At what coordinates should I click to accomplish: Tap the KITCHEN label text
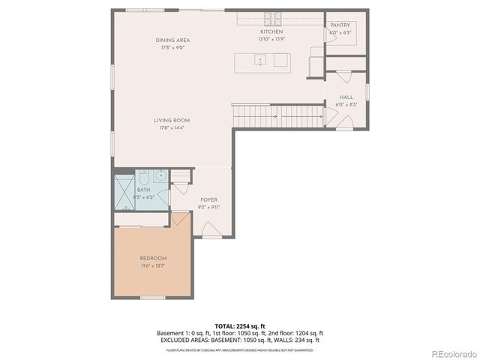coord(271,31)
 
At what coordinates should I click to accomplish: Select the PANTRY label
coord(340,25)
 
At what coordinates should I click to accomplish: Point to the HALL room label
coord(346,97)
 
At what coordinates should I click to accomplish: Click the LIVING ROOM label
coord(172,120)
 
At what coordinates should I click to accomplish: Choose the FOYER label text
coord(208,199)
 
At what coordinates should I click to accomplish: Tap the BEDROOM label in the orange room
coord(153,258)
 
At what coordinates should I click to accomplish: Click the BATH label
coord(144,190)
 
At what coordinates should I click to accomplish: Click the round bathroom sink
coord(161,175)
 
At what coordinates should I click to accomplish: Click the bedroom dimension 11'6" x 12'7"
coord(153,265)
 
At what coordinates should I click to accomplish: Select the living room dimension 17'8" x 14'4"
coord(172,128)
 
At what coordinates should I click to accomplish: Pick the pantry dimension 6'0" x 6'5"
coord(340,32)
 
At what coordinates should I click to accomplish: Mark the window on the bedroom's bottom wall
coord(152,298)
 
